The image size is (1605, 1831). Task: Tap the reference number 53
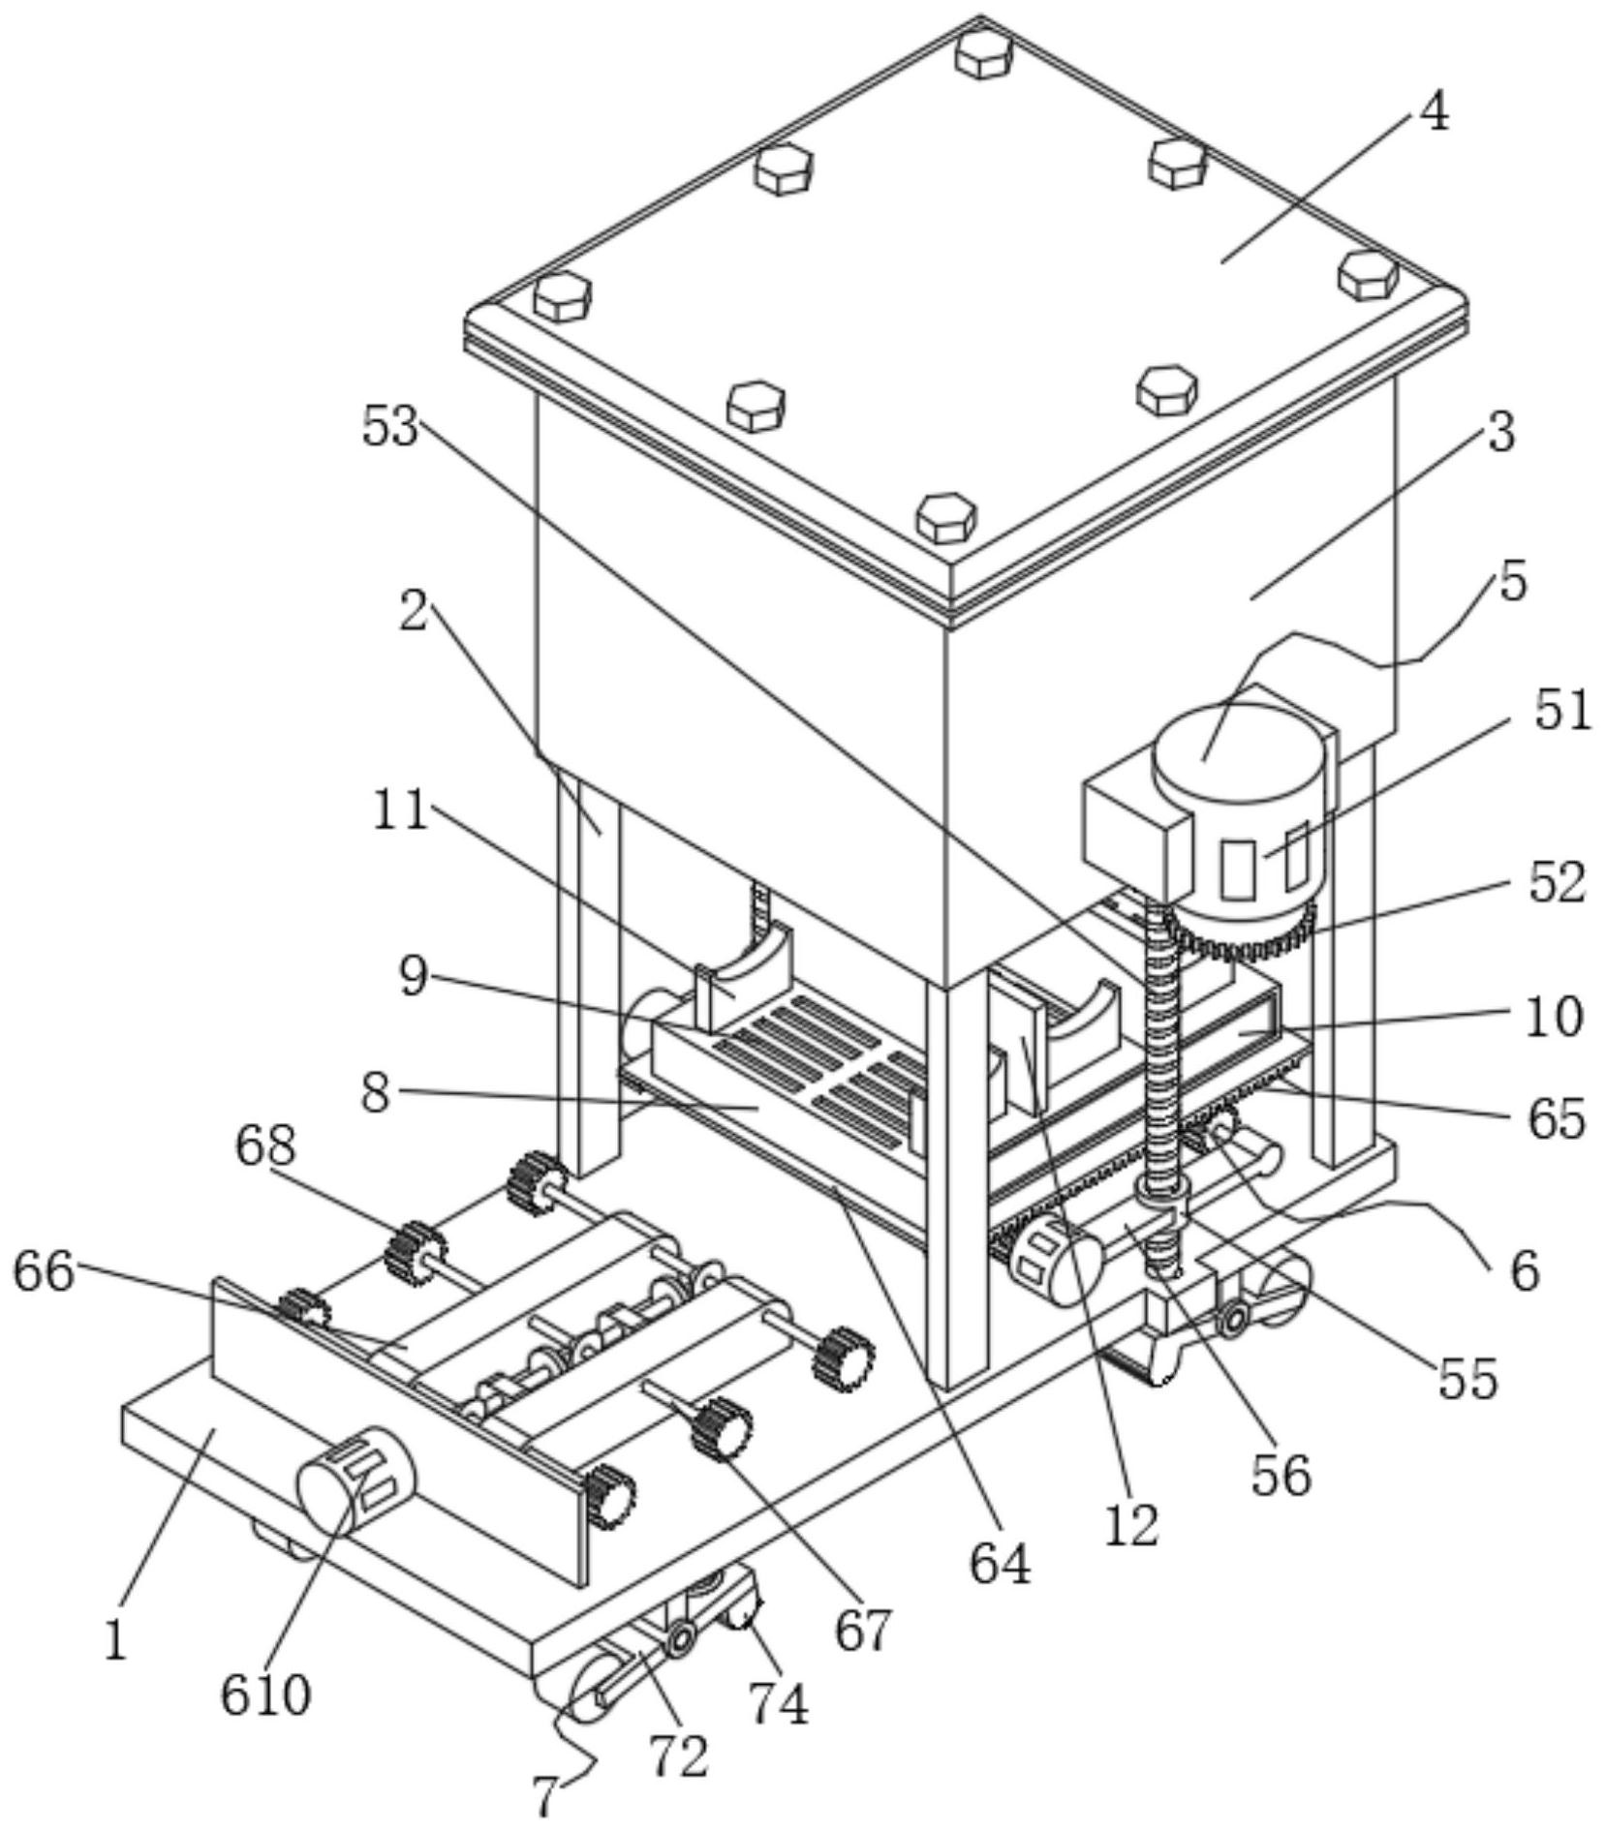[390, 426]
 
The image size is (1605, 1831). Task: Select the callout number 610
[266, 1694]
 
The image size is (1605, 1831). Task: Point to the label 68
[264, 1146]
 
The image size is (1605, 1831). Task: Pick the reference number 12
[1130, 1525]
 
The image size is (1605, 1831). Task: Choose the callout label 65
[1557, 1118]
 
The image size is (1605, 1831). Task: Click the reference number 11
[400, 809]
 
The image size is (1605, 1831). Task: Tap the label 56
[1281, 1475]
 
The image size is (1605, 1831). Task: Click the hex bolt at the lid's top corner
[983, 51]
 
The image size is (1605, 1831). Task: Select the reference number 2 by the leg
[414, 613]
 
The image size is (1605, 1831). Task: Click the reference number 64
[1000, 1564]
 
